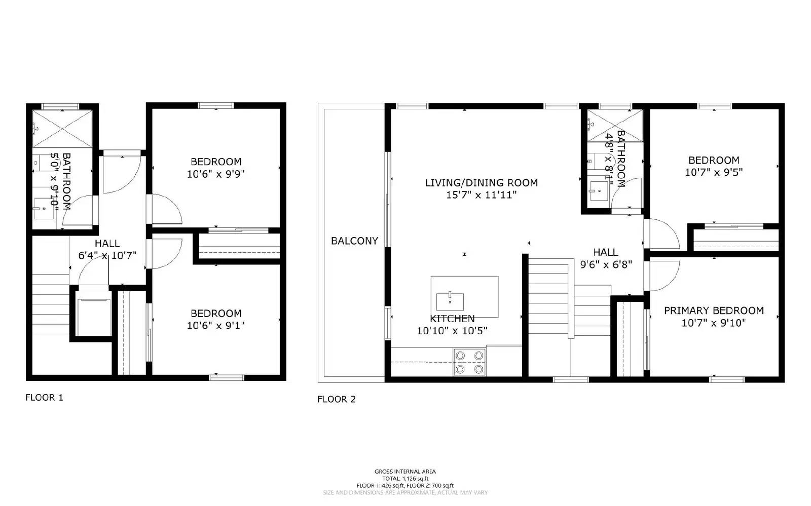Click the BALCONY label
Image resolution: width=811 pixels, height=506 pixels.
pyautogui.click(x=354, y=241)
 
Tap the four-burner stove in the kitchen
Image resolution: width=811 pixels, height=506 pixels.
pyautogui.click(x=469, y=362)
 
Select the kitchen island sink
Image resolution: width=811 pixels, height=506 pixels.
pyautogui.click(x=450, y=301)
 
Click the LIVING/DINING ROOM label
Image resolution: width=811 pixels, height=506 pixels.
pyautogui.click(x=481, y=183)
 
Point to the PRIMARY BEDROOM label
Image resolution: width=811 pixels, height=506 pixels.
pyautogui.click(x=714, y=310)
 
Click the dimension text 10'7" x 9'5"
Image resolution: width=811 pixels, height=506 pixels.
pyautogui.click(x=714, y=172)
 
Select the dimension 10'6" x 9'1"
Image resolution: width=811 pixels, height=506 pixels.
pyautogui.click(x=215, y=326)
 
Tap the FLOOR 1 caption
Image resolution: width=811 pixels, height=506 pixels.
pyautogui.click(x=44, y=398)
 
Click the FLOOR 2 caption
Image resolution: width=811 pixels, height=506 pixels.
pyautogui.click(x=336, y=399)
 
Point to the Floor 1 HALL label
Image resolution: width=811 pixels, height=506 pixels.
pyautogui.click(x=107, y=244)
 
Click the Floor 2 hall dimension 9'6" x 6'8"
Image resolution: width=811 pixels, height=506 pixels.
pyautogui.click(x=606, y=264)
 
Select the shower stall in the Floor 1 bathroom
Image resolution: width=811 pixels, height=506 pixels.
pyautogui.click(x=62, y=128)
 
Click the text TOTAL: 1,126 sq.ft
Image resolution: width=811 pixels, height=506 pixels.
pyautogui.click(x=405, y=478)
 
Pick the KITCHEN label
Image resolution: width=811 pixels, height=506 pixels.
pyautogui.click(x=452, y=319)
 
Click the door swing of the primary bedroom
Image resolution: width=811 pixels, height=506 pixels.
pyautogui.click(x=663, y=277)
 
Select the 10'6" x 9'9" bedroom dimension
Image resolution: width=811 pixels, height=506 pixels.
pyautogui.click(x=215, y=174)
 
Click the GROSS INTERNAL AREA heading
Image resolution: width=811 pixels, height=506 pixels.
pyautogui.click(x=405, y=472)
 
